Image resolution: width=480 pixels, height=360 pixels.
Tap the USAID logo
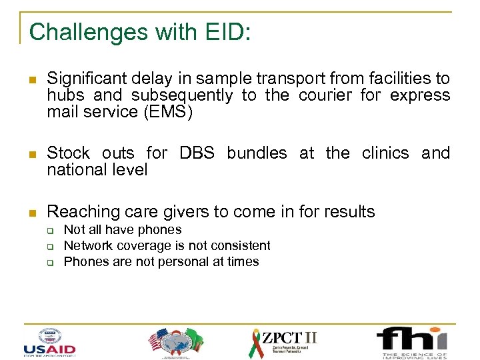point(49,341)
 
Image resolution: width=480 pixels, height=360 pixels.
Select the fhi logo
point(411,342)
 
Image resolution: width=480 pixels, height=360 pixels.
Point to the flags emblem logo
point(175,342)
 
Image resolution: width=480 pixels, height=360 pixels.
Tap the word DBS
point(197,153)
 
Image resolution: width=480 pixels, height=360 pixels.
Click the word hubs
point(65,95)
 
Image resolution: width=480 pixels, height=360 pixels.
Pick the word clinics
point(385,153)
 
